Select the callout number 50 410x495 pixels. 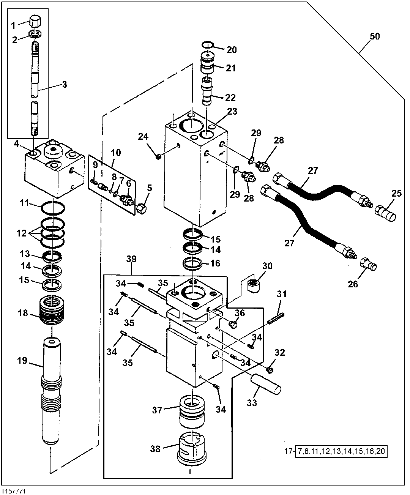click(374, 37)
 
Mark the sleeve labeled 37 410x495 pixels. click(192, 411)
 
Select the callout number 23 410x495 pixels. click(232, 111)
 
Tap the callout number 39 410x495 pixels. click(131, 259)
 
